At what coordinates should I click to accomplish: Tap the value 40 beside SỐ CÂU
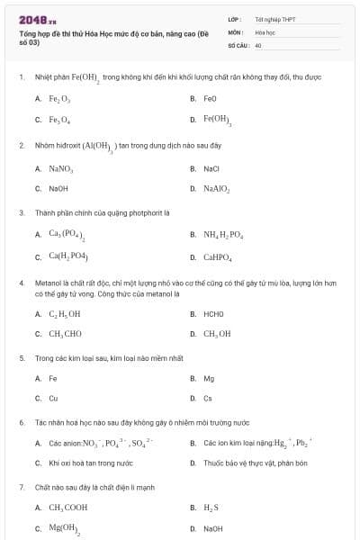258,44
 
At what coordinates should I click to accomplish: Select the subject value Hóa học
265,31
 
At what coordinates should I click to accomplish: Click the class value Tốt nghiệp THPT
274,18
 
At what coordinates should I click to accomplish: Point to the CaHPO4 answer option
218,257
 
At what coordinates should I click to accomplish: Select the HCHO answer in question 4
213,314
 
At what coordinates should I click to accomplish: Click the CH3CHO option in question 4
66,334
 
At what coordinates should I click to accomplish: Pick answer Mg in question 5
209,378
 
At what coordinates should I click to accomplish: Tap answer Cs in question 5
208,398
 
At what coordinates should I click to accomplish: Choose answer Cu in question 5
53,398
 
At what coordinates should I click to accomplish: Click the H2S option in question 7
211,508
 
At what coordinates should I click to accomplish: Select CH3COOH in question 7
67,508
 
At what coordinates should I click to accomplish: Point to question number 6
21,422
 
